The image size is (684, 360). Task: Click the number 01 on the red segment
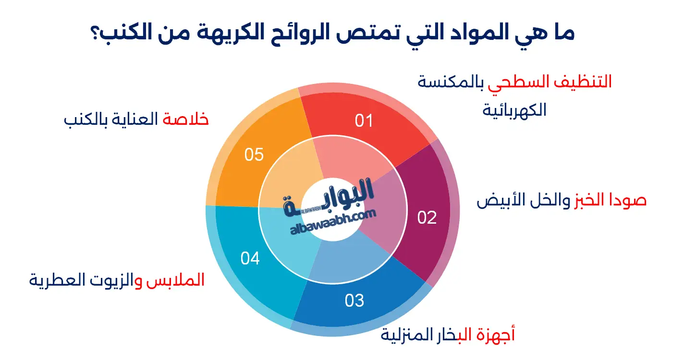click(364, 121)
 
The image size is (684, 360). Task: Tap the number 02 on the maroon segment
click(427, 217)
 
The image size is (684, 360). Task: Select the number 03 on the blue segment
click(354, 300)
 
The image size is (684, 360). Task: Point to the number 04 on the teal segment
click(250, 258)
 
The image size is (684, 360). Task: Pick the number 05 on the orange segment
click(254, 155)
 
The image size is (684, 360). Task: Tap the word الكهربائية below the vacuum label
click(514, 110)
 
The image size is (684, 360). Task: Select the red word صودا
click(626, 200)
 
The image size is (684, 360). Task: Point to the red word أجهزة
click(496, 335)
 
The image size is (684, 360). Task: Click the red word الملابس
click(175, 280)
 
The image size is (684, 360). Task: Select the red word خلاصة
click(185, 119)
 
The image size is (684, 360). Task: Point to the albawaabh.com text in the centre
click(333, 222)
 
